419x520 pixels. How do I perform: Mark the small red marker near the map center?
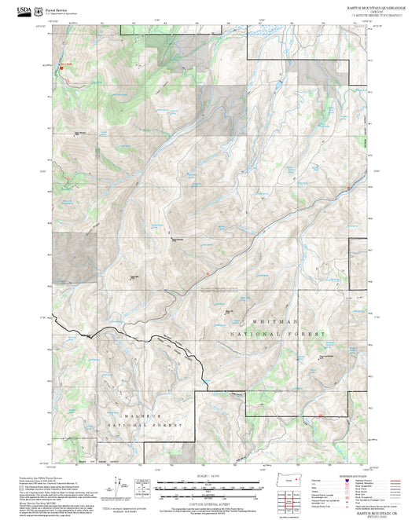click(206, 273)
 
